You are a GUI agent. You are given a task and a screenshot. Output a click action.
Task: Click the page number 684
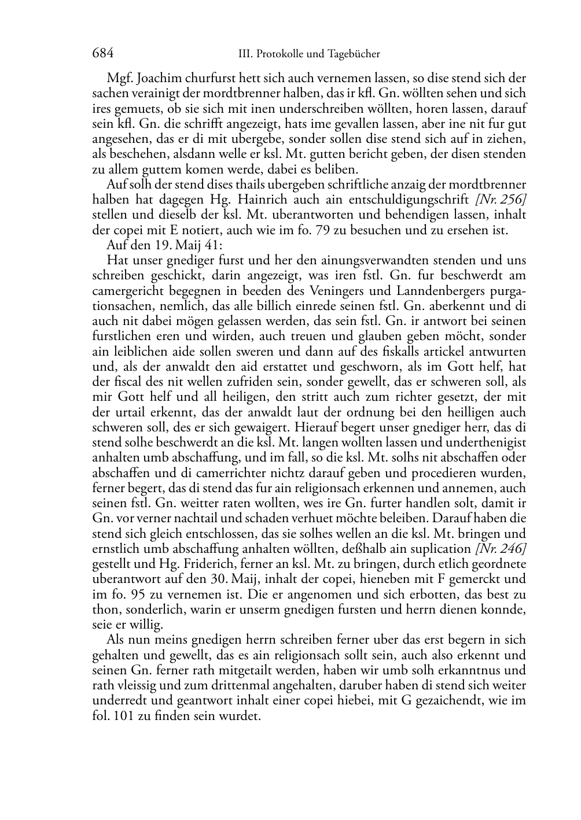point(102,54)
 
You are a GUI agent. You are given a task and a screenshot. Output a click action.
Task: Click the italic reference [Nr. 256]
point(501,200)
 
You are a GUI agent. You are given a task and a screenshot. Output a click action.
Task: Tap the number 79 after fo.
point(344,230)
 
